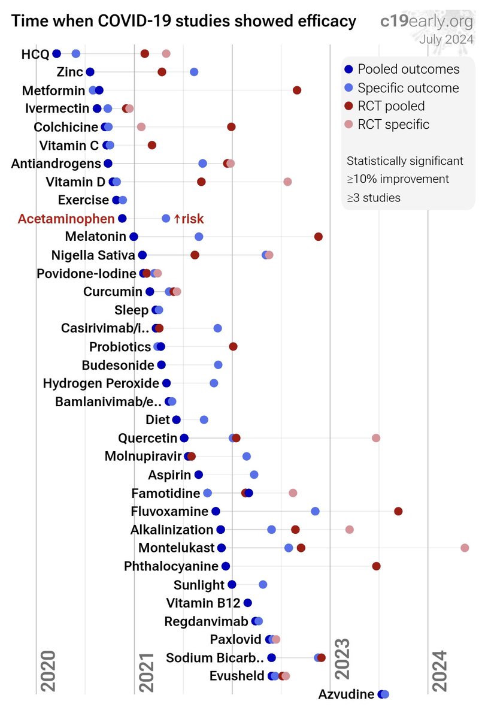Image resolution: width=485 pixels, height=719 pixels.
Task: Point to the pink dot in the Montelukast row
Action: click(465, 548)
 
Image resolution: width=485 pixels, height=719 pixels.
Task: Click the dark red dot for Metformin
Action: click(297, 90)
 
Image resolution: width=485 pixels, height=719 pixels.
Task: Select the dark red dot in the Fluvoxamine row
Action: click(398, 511)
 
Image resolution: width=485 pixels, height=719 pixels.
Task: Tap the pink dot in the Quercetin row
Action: click(376, 438)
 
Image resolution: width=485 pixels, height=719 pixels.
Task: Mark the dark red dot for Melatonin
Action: click(319, 237)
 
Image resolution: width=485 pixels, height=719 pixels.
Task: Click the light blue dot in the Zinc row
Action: click(194, 72)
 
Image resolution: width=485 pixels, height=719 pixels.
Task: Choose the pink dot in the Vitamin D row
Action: click(287, 182)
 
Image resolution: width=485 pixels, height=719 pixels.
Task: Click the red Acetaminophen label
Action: click(66, 219)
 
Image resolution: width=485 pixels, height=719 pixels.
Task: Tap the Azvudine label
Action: click(347, 694)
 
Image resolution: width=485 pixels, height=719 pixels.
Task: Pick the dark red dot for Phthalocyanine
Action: click(376, 566)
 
